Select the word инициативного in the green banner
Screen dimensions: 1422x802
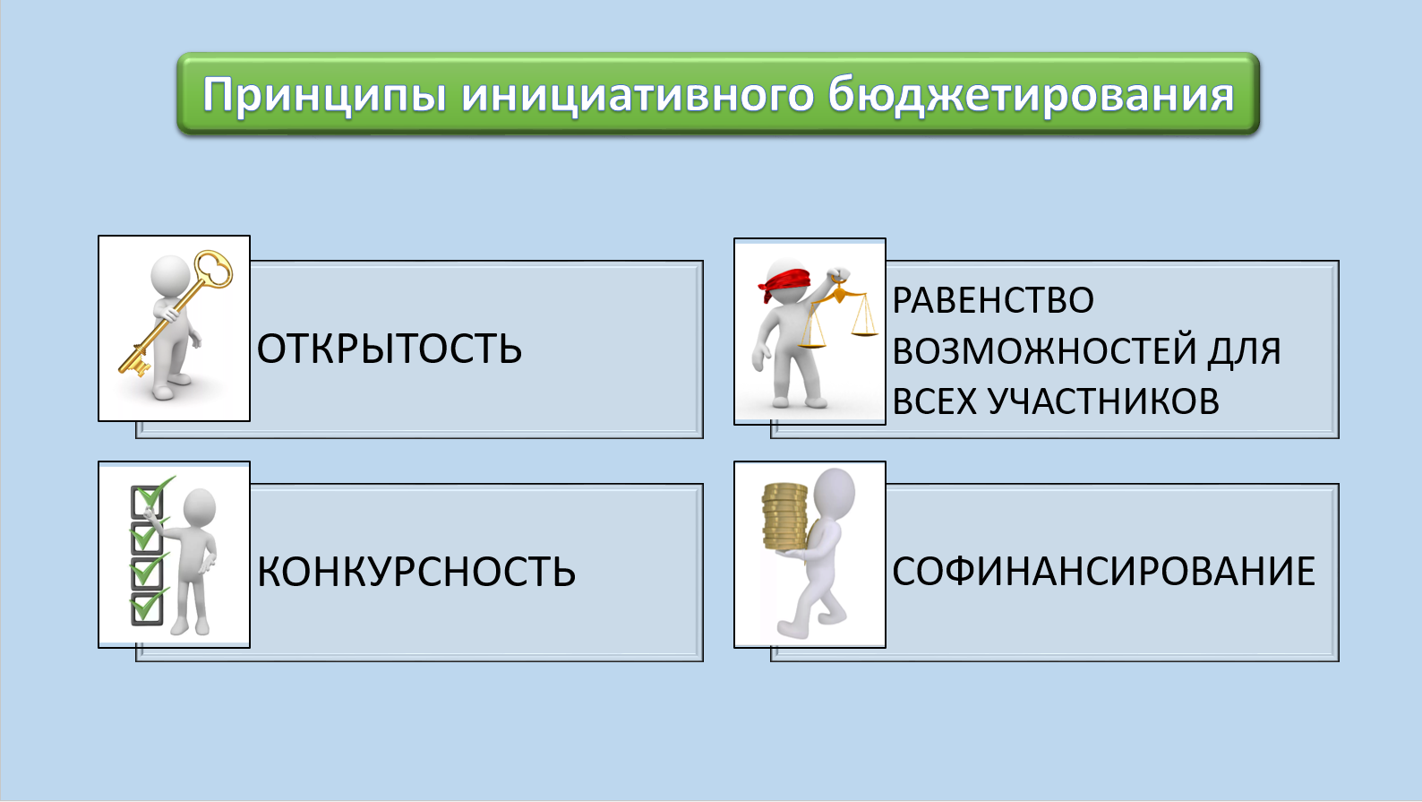(x=638, y=95)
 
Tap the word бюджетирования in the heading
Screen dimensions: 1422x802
(x=1031, y=95)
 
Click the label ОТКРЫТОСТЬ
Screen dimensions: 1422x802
(x=390, y=349)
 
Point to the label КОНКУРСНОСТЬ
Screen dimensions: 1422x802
(x=416, y=572)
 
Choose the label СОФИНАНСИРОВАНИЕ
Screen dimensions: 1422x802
(x=1104, y=572)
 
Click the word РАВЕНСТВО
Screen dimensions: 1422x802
(x=993, y=300)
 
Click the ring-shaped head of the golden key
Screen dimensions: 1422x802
(x=213, y=269)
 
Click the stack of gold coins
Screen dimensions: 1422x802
(x=784, y=517)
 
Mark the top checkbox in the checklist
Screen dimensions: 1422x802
(x=147, y=502)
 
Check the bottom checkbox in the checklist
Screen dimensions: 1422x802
(x=147, y=608)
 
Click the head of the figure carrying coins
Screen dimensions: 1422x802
(x=835, y=494)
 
